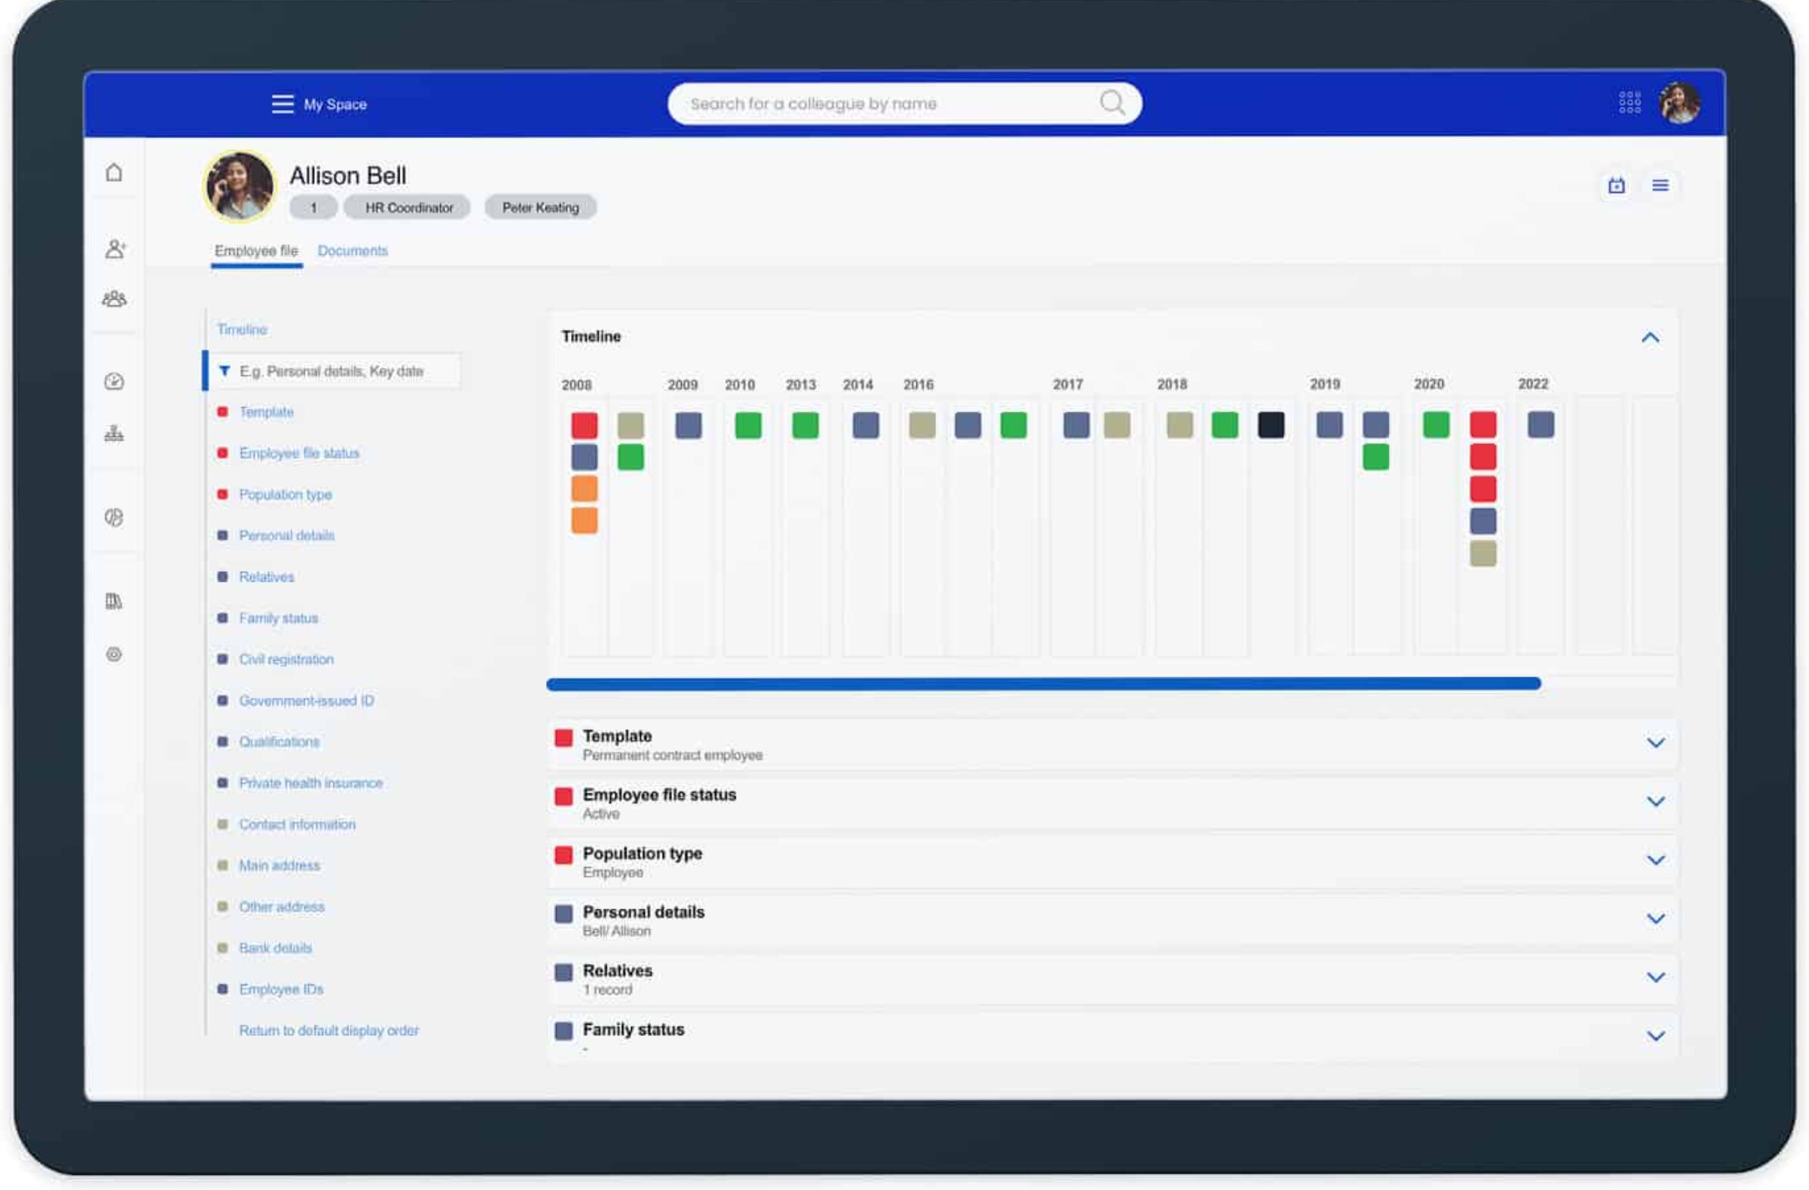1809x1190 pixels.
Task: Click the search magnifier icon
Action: tap(1111, 102)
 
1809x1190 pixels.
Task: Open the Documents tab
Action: tap(353, 251)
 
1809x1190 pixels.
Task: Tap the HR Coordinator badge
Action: tap(408, 208)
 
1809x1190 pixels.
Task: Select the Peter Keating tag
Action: tap(540, 208)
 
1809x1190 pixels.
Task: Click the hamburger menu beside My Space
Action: tap(283, 104)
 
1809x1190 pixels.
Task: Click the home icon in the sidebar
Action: tap(114, 172)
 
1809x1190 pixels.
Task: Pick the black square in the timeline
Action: tap(1271, 425)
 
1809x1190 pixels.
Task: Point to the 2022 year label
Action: tap(1532, 384)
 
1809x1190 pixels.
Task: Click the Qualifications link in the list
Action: tap(279, 742)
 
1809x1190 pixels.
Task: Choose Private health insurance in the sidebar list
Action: tap(311, 783)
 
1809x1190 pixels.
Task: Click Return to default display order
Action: tap(328, 1031)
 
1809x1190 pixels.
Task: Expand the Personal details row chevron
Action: tap(1656, 918)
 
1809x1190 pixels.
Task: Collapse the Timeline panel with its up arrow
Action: tap(1650, 338)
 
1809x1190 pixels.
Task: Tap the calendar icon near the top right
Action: tap(1616, 185)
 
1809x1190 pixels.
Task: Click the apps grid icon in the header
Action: tap(1630, 102)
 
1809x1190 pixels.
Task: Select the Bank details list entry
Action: tap(275, 947)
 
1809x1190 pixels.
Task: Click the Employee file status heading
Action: tap(659, 795)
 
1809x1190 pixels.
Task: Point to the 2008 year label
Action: tap(576, 385)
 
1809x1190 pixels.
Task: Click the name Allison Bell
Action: tap(348, 175)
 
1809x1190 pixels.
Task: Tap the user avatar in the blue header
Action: tap(1680, 102)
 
